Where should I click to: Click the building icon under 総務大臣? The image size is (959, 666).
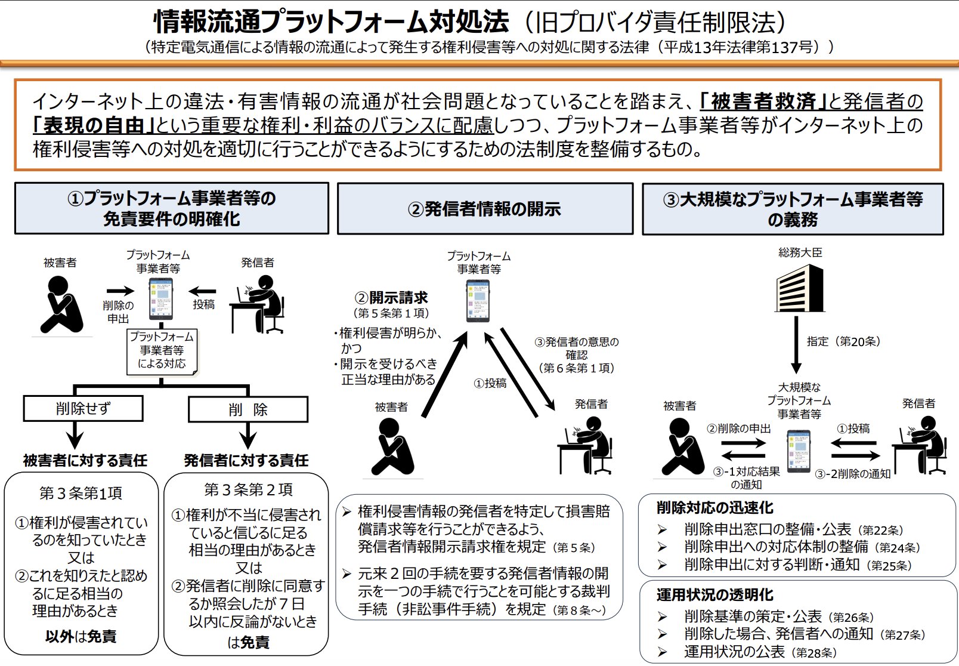(799, 288)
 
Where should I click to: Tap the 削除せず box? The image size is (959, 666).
(83, 409)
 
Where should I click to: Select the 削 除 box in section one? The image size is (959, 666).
(248, 409)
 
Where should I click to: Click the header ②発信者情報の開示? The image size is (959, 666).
(485, 209)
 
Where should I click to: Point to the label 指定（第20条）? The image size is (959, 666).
(843, 341)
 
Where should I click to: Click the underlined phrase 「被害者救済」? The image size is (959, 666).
(763, 101)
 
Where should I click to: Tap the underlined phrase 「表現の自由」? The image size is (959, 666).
(94, 125)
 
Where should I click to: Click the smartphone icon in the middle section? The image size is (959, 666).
(478, 301)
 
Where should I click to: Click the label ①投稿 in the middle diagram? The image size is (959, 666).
(490, 383)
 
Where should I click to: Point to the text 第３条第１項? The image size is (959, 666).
(81, 493)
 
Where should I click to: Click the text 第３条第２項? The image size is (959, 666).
(248, 490)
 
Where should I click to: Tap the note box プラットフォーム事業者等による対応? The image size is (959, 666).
(162, 350)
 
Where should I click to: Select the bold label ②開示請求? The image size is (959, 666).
(391, 297)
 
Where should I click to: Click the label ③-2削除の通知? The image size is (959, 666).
(852, 474)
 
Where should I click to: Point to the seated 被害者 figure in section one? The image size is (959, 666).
(61, 304)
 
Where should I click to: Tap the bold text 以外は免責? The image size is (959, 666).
(81, 636)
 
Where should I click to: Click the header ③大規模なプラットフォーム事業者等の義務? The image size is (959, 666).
(793, 209)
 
